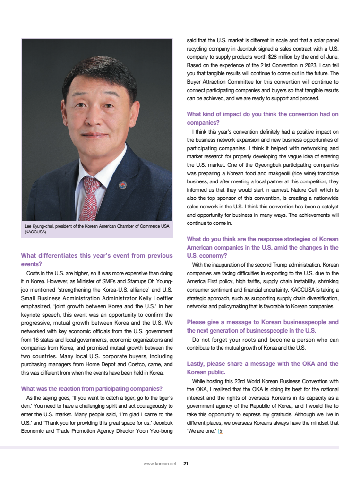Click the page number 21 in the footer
click(x=186, y=464)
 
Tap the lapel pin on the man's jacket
click(x=123, y=184)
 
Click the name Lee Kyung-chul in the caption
click(x=40, y=226)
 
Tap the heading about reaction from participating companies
click(x=92, y=389)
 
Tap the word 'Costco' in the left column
click(x=142, y=365)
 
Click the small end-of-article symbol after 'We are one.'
click(x=221, y=431)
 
